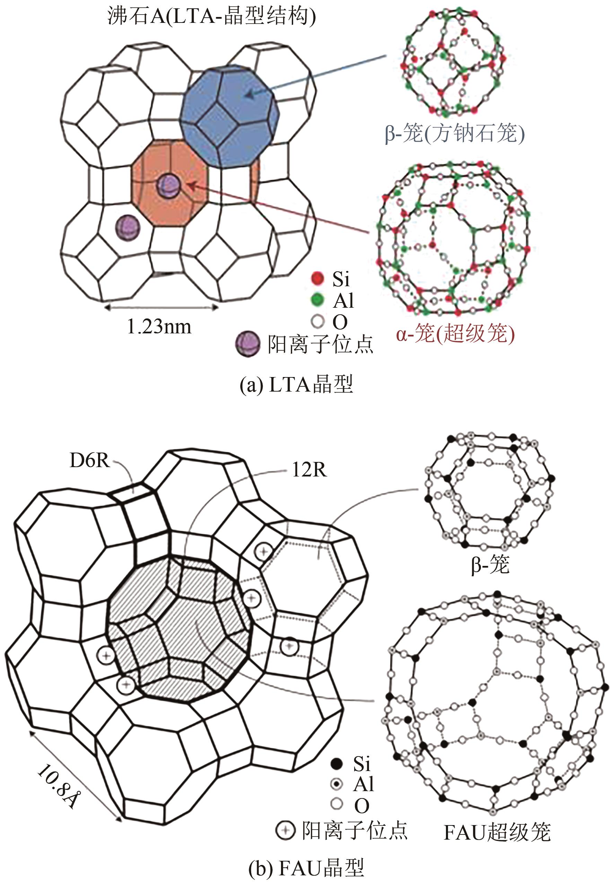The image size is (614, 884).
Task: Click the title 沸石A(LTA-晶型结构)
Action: (211, 16)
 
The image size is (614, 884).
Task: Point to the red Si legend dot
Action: (317, 279)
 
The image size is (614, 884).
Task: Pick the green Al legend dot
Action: (317, 300)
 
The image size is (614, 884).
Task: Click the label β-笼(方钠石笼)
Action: (454, 134)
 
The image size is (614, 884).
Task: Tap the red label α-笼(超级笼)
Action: (455, 333)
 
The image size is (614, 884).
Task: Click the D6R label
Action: (89, 460)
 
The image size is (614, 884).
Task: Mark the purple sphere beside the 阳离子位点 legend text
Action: (246, 343)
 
